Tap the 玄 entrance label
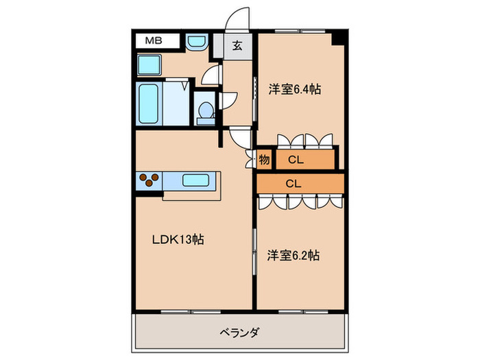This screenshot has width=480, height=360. (236, 45)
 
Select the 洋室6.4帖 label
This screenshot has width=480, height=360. (295, 88)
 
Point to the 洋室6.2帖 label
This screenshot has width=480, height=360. (293, 256)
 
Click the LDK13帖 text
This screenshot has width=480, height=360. (178, 239)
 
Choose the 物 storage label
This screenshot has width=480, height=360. (264, 160)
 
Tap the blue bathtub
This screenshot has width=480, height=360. (148, 104)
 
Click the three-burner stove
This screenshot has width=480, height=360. (149, 180)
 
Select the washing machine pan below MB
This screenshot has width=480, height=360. (148, 66)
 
